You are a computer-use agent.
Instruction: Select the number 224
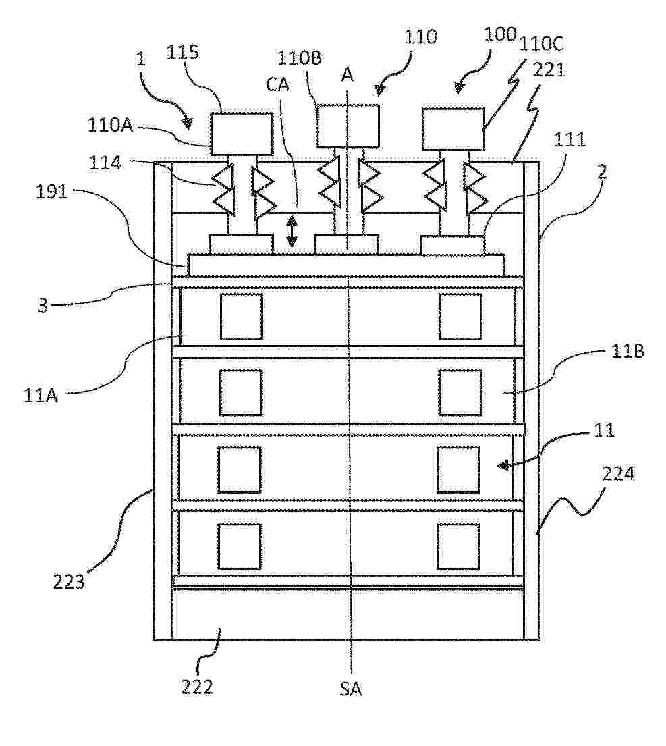[x=619, y=475]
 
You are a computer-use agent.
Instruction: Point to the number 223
[x=70, y=580]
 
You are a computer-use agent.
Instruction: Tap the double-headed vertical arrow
[x=292, y=231]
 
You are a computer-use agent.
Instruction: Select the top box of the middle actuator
[x=348, y=126]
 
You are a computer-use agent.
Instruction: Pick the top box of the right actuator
[x=453, y=129]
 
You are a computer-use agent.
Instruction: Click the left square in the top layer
[x=241, y=316]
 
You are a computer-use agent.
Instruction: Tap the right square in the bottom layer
[x=458, y=546]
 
